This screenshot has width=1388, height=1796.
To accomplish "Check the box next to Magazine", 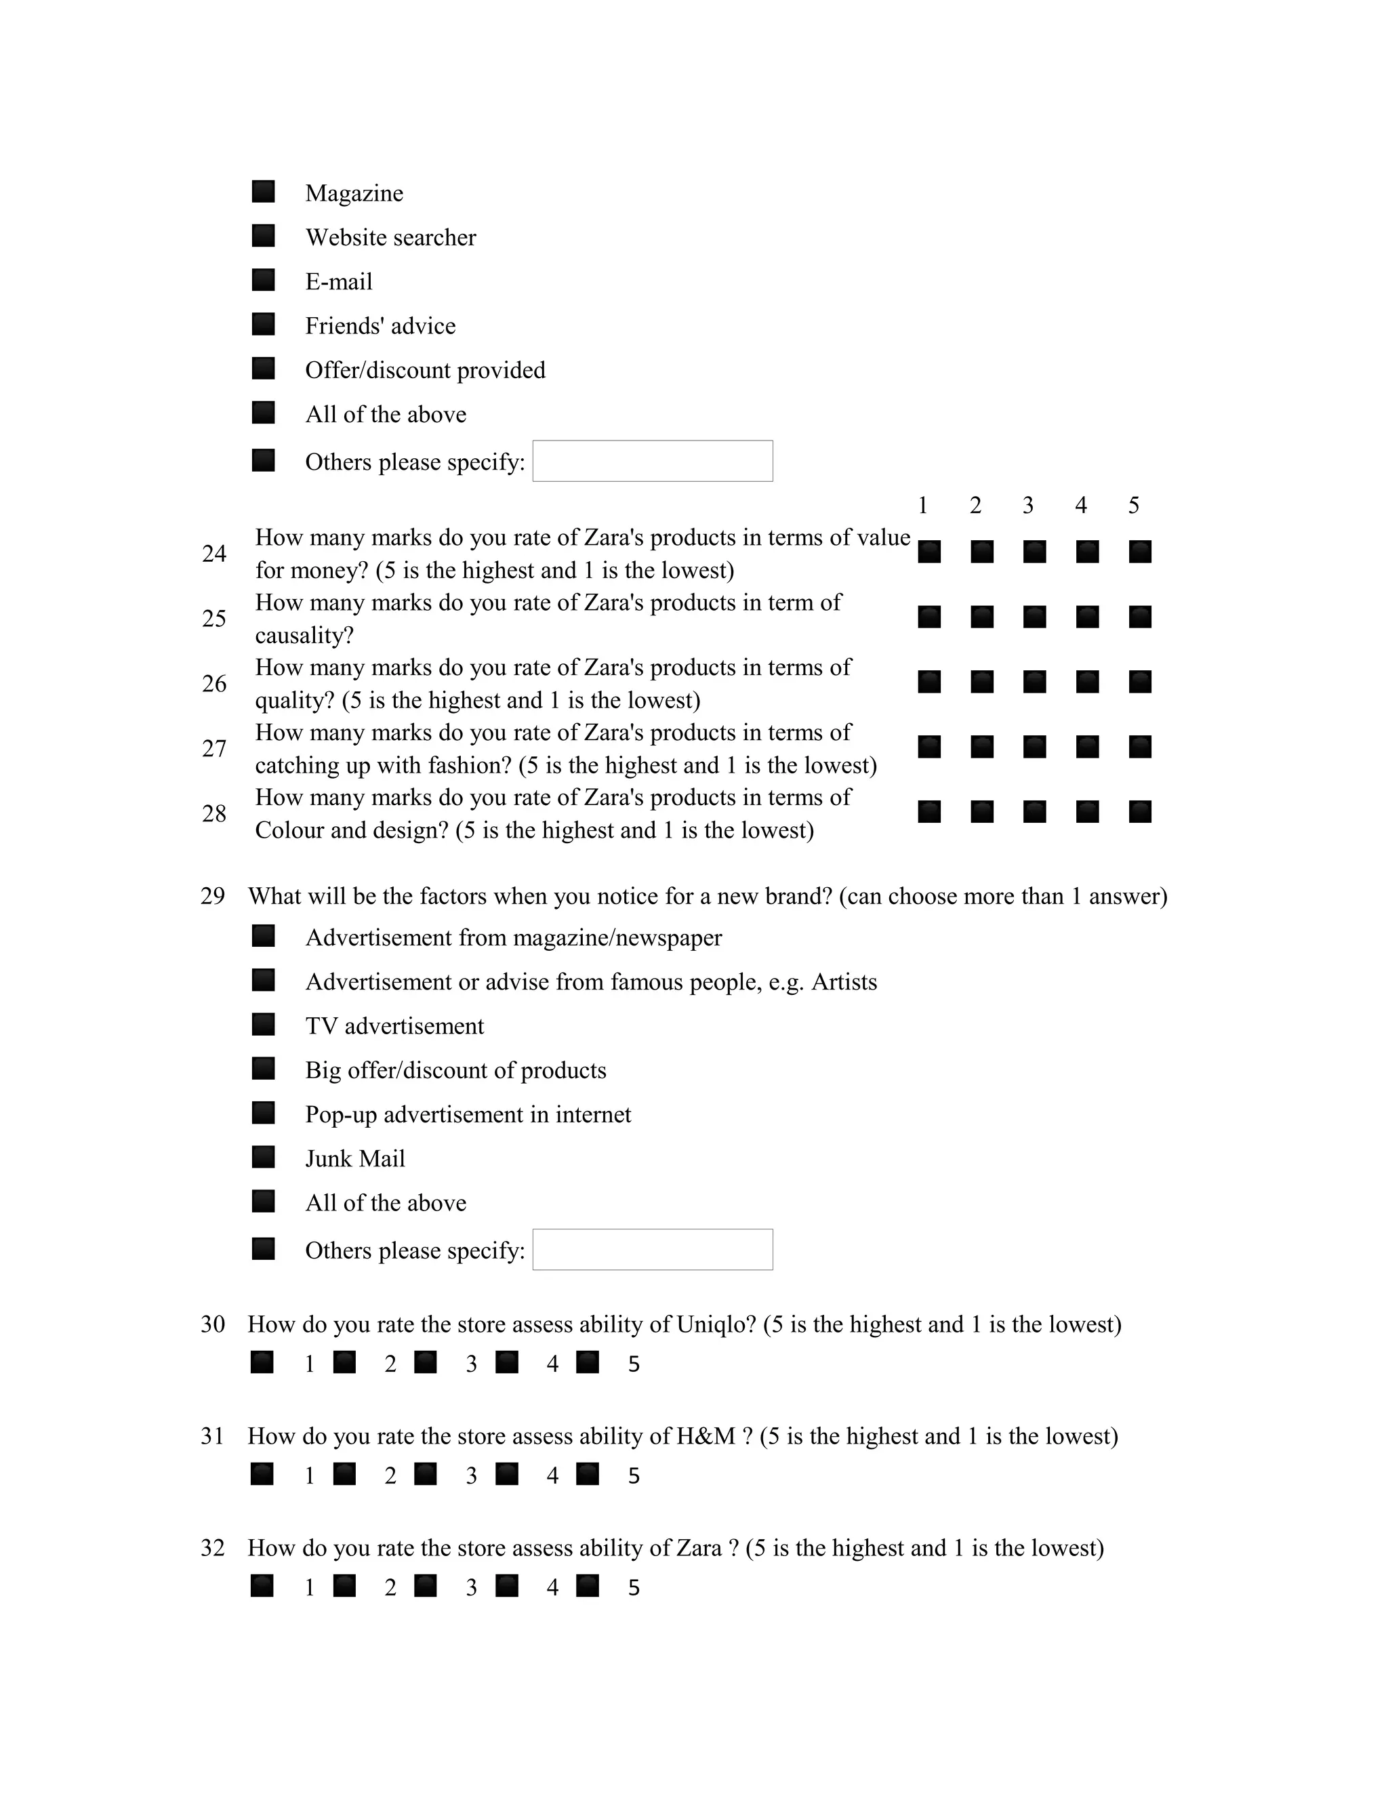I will pyautogui.click(x=263, y=192).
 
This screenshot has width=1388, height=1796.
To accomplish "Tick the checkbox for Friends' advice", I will pyautogui.click(x=263, y=324).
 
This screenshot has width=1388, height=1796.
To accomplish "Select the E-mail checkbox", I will pyautogui.click(x=263, y=280).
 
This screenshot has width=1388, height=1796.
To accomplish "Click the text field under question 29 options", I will pyautogui.click(x=652, y=1249).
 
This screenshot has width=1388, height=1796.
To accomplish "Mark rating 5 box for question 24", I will pyautogui.click(x=1140, y=552).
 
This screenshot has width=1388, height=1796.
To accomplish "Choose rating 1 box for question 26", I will pyautogui.click(x=929, y=682).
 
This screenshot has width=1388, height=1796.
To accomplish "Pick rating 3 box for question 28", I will pyautogui.click(x=1034, y=812).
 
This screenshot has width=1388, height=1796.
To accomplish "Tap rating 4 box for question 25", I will pyautogui.click(x=1087, y=617).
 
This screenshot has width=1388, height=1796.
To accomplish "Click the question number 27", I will pyautogui.click(x=213, y=748).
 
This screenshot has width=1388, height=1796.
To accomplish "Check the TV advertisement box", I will pyautogui.click(x=263, y=1024).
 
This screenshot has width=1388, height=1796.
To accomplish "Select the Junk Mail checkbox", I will pyautogui.click(x=263, y=1157).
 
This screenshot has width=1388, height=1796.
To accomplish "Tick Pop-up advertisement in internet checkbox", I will pyautogui.click(x=263, y=1113).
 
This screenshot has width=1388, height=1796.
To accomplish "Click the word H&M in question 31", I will pyautogui.click(x=706, y=1437).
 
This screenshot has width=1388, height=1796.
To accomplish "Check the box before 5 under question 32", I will pyautogui.click(x=587, y=1585).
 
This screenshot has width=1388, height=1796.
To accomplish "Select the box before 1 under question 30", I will pyautogui.click(x=262, y=1362).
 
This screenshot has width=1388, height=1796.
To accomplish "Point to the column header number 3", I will pyautogui.click(x=1028, y=505).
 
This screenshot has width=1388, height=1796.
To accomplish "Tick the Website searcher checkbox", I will pyautogui.click(x=263, y=236).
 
